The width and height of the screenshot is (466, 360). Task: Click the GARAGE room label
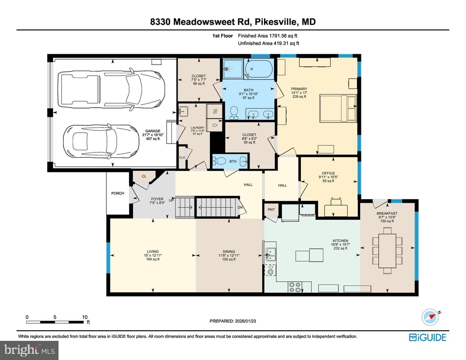click(153, 131)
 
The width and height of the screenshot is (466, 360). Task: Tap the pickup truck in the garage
click(111, 89)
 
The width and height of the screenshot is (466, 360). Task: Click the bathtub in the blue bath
click(259, 69)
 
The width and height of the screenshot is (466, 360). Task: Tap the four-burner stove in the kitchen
click(295, 287)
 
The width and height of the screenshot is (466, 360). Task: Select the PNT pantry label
click(271, 210)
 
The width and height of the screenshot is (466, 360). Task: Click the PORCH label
click(117, 193)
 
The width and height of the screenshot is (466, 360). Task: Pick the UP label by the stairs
click(171, 201)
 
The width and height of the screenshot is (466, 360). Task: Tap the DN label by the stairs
click(240, 207)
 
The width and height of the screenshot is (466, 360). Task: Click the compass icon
click(430, 317)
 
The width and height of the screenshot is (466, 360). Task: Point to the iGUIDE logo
click(427, 337)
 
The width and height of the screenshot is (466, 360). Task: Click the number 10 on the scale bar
click(85, 317)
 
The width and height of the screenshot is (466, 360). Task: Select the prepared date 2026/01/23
click(245, 321)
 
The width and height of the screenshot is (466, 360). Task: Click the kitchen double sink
click(271, 254)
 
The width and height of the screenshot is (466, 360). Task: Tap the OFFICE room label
click(328, 173)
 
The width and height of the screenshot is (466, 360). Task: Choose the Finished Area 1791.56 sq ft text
click(268, 36)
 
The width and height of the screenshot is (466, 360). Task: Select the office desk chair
click(336, 202)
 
